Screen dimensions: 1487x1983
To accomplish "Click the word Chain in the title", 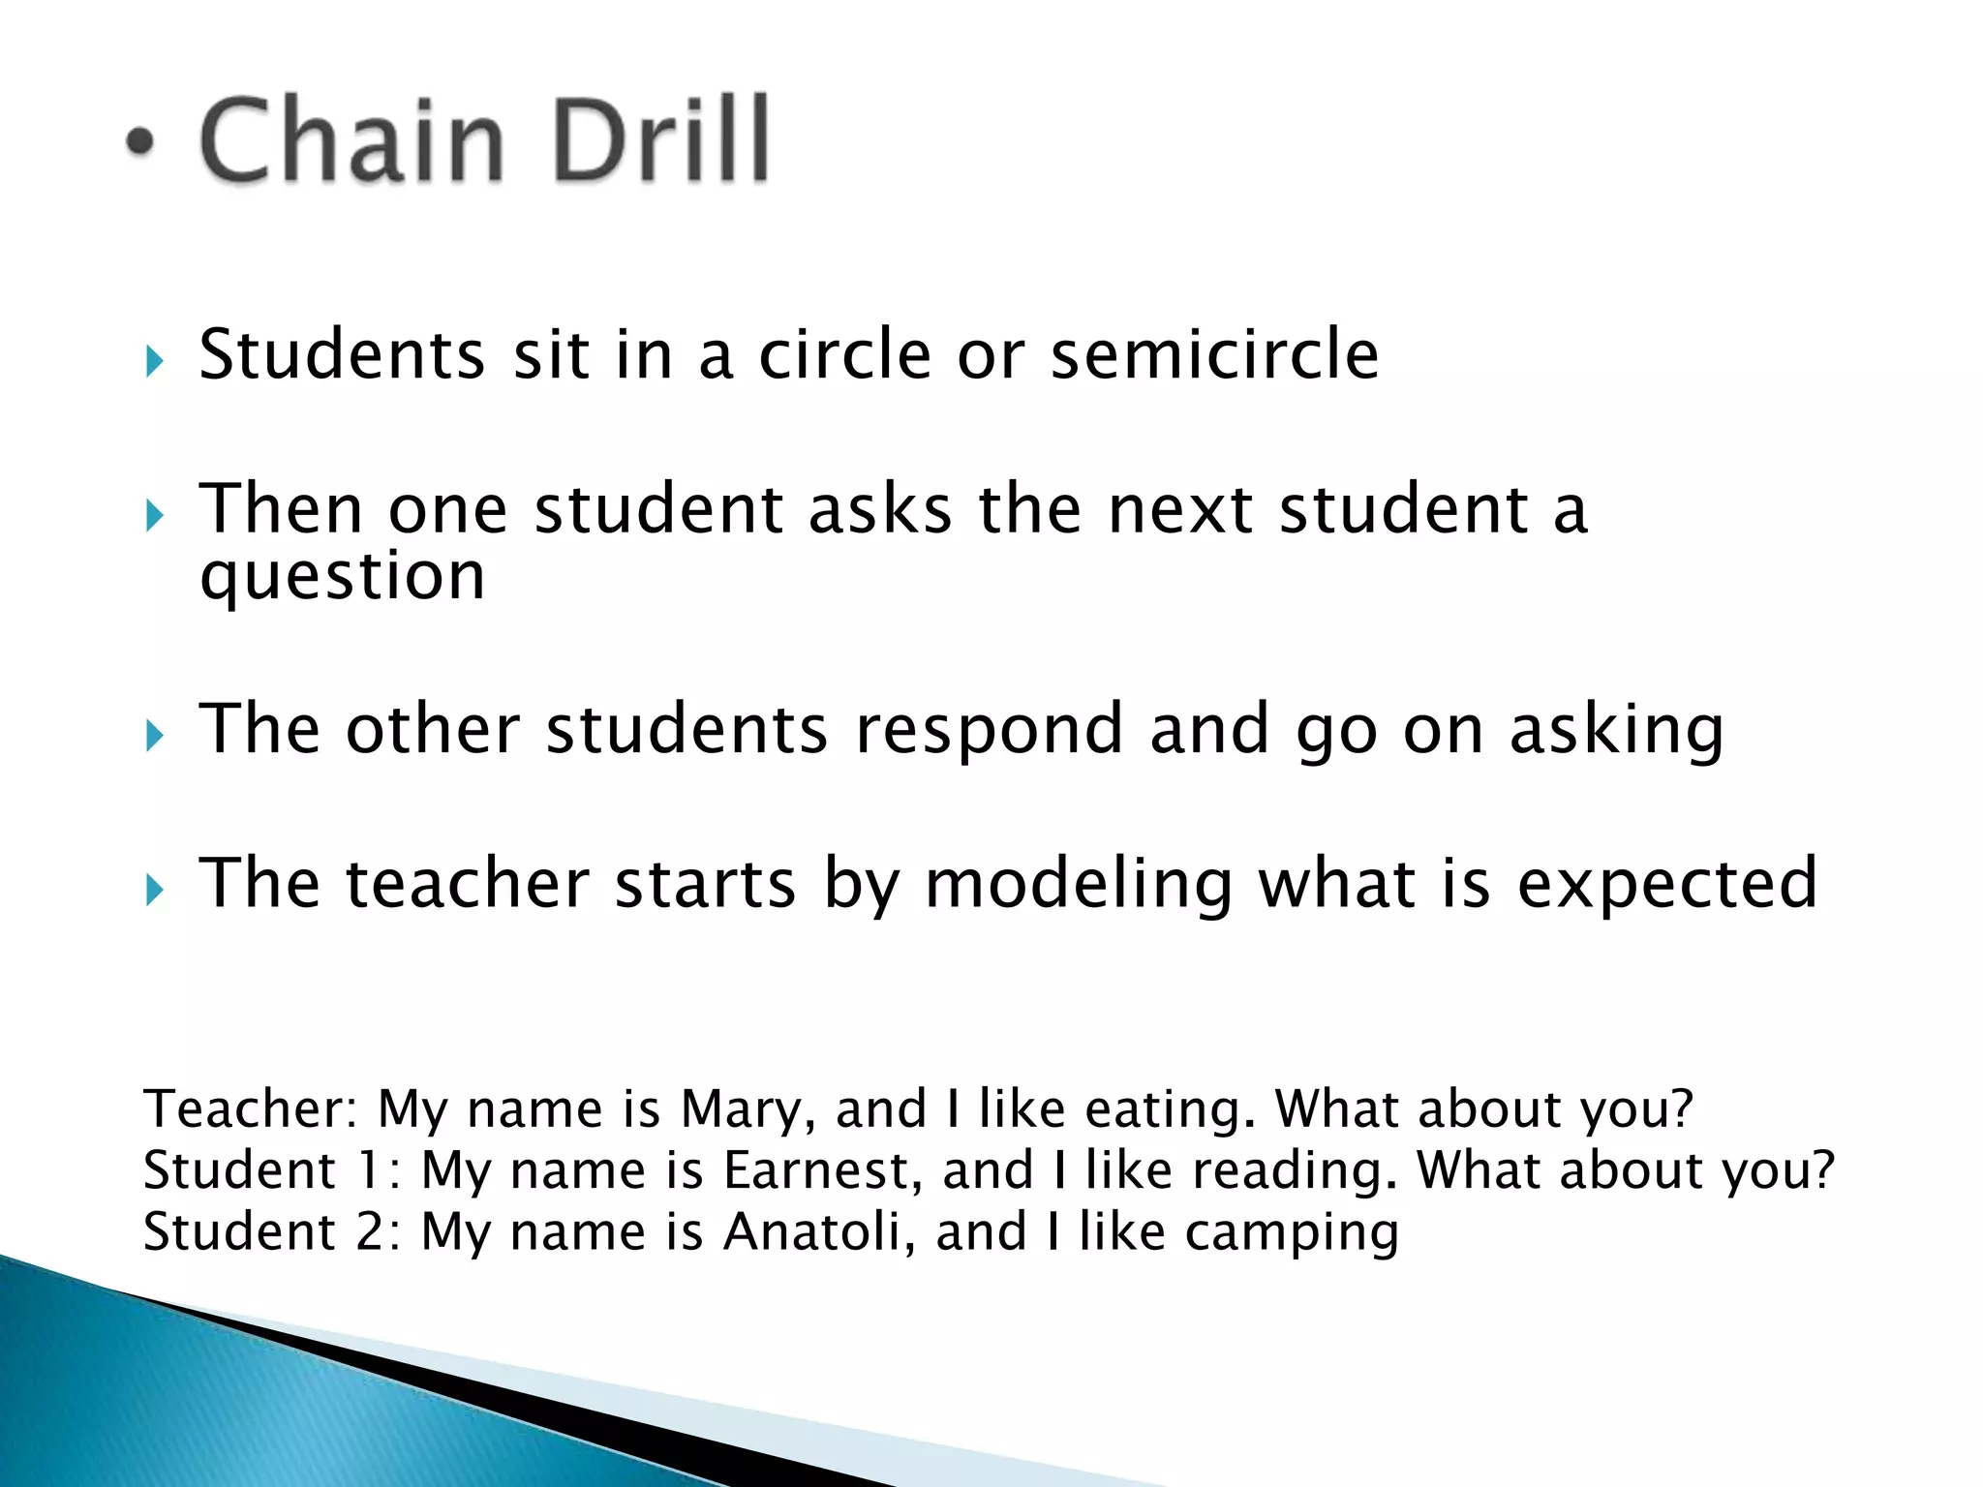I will [x=351, y=140].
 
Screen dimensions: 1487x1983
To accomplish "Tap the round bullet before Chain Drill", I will [x=140, y=142].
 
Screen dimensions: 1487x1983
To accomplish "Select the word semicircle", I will [x=1214, y=354].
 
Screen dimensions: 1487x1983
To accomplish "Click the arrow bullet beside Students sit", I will [x=154, y=362].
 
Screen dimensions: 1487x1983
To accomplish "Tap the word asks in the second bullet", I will [x=880, y=509].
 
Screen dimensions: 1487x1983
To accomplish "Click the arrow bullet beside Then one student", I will [x=154, y=516].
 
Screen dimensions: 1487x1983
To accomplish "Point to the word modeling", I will [x=1079, y=885].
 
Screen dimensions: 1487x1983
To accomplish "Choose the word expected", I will [x=1667, y=885].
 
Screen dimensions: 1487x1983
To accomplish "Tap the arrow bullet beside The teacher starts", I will [x=154, y=891].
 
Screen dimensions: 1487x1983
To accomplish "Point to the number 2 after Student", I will [x=372, y=1232].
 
